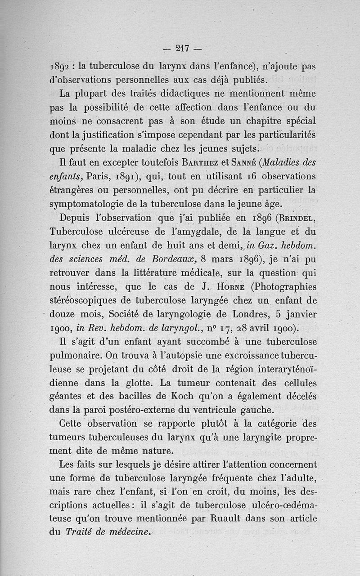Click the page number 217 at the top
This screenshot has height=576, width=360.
pos(183,47)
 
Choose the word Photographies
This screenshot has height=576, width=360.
pos(279,287)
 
